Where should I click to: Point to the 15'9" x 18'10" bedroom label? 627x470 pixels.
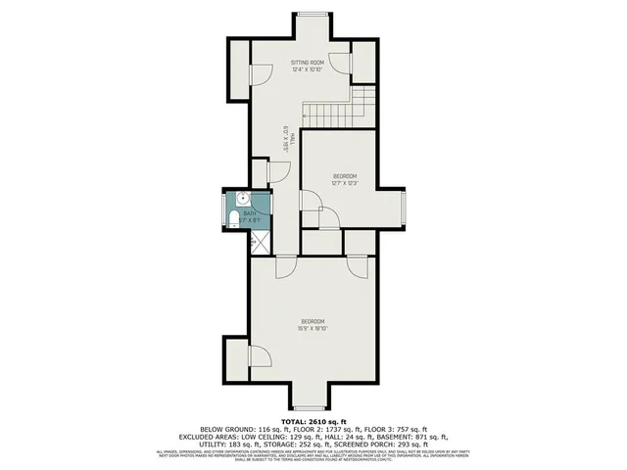(313, 325)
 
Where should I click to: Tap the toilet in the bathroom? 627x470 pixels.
(228, 217)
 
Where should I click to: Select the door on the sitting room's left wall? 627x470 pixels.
(260, 75)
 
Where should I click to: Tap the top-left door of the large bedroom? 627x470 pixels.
(287, 266)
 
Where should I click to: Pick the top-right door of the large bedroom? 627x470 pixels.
(354, 266)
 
